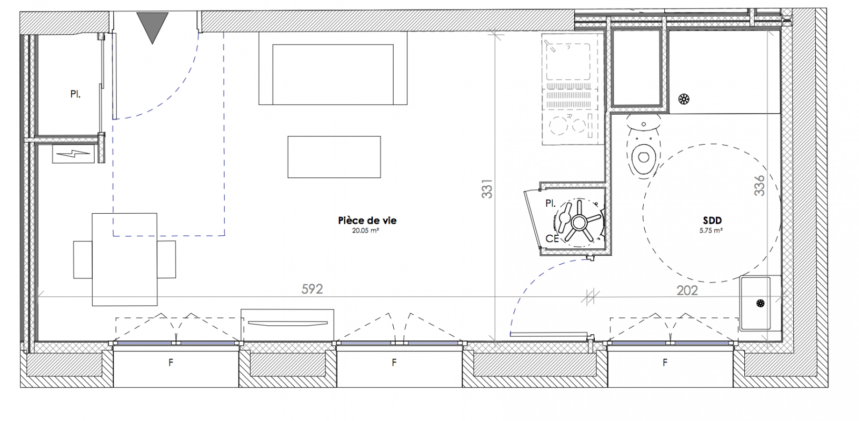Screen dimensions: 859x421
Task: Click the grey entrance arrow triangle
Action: (152, 25)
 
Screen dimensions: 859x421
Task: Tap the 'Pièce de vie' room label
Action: (367, 220)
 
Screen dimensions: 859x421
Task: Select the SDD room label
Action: (712, 220)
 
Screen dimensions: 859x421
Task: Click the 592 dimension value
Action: (312, 289)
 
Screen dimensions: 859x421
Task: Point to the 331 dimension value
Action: (487, 188)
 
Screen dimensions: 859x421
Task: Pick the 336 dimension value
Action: (760, 186)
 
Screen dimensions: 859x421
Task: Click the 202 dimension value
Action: (687, 290)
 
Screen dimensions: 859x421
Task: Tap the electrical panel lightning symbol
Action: (73, 154)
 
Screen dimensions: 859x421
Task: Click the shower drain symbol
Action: (683, 99)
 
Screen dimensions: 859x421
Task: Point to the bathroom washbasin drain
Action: (761, 303)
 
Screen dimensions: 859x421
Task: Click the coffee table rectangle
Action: (334, 157)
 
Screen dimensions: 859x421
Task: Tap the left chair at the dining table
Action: (83, 259)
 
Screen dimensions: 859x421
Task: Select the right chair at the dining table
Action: (166, 259)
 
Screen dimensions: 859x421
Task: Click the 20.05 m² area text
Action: (365, 230)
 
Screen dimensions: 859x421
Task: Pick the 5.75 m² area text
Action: (711, 230)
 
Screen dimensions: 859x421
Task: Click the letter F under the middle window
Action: (394, 363)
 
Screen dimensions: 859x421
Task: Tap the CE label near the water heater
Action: (552, 238)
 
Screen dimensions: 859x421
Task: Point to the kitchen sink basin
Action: (568, 62)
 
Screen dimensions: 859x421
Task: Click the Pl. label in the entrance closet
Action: (76, 94)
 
